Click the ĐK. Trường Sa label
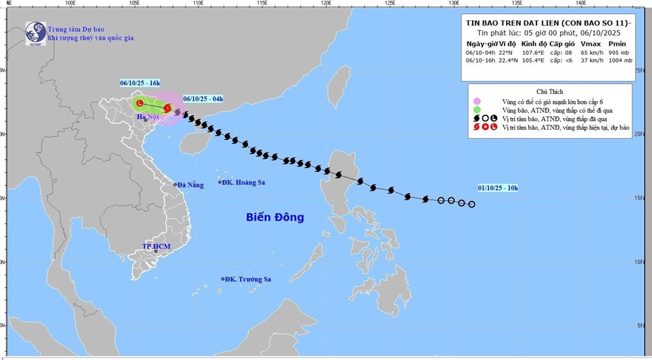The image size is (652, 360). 246,279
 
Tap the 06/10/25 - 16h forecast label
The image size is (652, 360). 141,83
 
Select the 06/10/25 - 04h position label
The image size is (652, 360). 203,98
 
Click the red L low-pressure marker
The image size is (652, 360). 140,102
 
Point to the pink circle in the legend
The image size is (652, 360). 477,100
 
